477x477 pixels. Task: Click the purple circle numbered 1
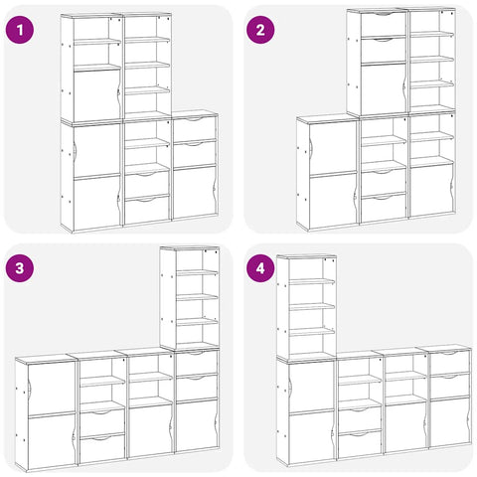[20, 30]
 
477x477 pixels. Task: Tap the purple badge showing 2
[260, 30]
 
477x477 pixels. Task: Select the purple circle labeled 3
[20, 268]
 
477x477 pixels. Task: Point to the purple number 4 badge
[260, 268]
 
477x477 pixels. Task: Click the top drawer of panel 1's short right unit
[195, 129]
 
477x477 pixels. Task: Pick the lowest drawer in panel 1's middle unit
[147, 210]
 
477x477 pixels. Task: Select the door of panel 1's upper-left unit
[96, 95]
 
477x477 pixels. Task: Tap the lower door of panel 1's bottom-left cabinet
[96, 203]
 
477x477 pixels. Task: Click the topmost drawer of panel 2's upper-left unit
[384, 24]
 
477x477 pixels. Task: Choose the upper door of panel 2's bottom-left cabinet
[333, 148]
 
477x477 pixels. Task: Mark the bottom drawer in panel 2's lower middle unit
[384, 209]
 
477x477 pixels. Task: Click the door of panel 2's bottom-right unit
[431, 190]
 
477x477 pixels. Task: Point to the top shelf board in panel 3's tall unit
[197, 272]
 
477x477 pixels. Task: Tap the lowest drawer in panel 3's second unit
[102, 448]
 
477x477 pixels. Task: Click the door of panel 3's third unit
[151, 430]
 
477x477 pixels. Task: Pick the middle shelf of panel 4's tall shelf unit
[312, 306]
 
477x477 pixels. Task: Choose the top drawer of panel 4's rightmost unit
[449, 362]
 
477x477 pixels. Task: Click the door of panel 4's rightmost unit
[449, 421]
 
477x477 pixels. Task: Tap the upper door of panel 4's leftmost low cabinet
[311, 387]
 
